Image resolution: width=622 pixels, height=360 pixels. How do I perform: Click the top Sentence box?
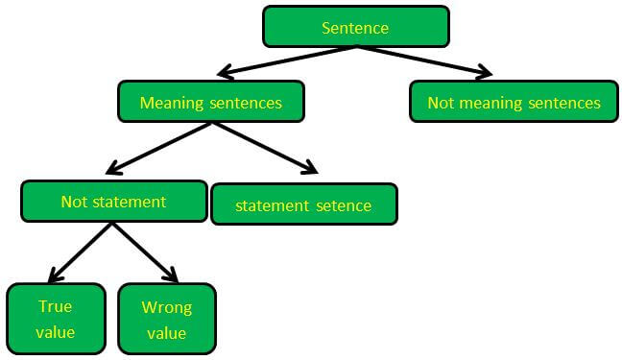coord(355,27)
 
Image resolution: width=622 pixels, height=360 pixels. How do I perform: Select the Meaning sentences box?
coord(210,102)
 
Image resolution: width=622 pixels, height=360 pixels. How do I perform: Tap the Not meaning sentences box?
coord(514,102)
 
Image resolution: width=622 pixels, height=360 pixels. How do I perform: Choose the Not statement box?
coord(113,202)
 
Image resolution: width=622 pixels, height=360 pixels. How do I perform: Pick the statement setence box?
coord(303,205)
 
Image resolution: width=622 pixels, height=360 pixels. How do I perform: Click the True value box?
coord(56,320)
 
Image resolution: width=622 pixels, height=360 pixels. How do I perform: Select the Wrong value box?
coord(166,320)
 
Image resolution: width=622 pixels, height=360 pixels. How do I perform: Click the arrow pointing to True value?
coord(81,252)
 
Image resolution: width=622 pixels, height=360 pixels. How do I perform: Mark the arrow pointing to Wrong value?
coord(143,252)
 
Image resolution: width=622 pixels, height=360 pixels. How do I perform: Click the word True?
coord(56,307)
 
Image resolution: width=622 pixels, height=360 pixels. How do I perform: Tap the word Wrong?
coord(166,307)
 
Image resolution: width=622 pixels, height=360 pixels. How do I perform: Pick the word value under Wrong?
coord(166,333)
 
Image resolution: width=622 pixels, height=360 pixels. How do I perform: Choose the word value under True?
coord(56,333)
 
